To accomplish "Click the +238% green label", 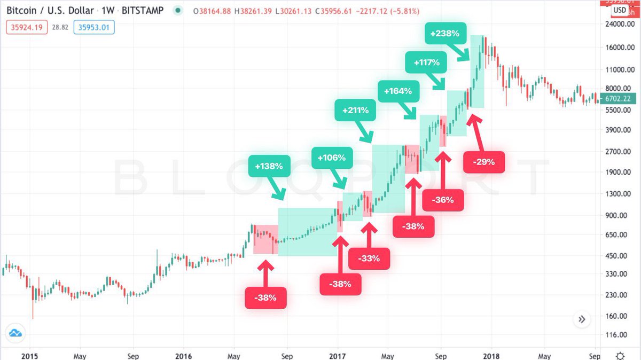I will (x=444, y=33).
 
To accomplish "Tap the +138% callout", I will (x=269, y=166).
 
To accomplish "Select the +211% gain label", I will (x=355, y=112).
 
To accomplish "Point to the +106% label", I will (x=332, y=158).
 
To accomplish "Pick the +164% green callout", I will (x=398, y=91).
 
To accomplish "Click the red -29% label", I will (x=483, y=161).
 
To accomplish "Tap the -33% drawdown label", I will (x=369, y=259).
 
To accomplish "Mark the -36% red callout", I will (x=443, y=200).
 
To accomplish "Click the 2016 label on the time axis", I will (x=183, y=355).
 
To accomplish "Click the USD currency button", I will (x=620, y=10).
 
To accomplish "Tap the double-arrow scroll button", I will (x=582, y=319).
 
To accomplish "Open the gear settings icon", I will (x=620, y=355).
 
